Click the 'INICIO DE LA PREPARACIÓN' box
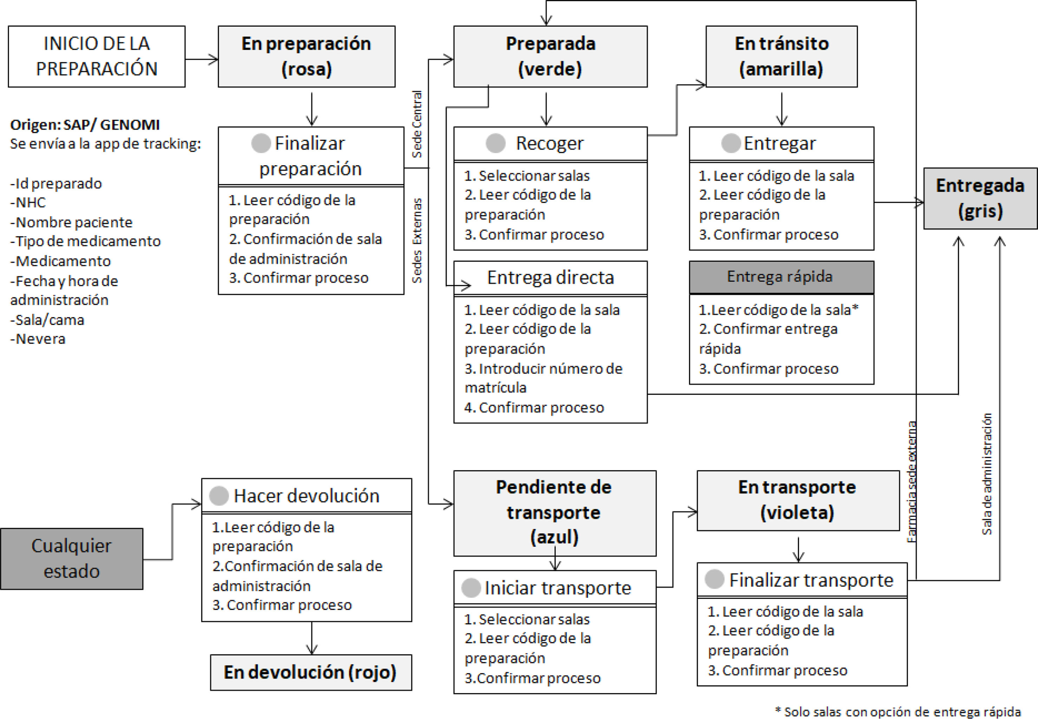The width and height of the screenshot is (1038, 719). (x=97, y=56)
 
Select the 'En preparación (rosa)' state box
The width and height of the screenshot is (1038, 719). (x=307, y=56)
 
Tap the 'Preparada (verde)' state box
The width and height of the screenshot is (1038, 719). (x=550, y=56)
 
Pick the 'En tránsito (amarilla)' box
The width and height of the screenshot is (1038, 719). (x=782, y=56)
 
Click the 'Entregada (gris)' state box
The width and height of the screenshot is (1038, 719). (x=980, y=198)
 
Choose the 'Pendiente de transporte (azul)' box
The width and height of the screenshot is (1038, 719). (x=555, y=513)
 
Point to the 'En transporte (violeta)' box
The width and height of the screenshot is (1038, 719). (x=798, y=500)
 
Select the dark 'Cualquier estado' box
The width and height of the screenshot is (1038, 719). (x=72, y=559)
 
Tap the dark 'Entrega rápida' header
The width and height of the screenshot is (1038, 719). (x=782, y=277)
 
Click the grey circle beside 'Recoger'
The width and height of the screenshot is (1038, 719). (x=496, y=143)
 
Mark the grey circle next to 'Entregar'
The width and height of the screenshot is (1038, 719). (x=731, y=143)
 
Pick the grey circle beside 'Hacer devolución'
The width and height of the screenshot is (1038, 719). (x=219, y=495)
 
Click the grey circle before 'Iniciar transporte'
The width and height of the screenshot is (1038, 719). (x=471, y=588)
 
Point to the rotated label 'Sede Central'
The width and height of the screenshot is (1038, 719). (x=417, y=124)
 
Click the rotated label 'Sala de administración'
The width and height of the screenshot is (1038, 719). (x=987, y=474)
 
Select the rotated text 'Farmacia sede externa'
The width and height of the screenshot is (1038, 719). (x=911, y=481)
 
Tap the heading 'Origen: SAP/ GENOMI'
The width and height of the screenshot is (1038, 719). (x=85, y=125)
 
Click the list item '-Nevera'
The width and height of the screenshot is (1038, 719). (x=38, y=339)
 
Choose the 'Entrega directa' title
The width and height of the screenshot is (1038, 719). (x=550, y=278)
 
